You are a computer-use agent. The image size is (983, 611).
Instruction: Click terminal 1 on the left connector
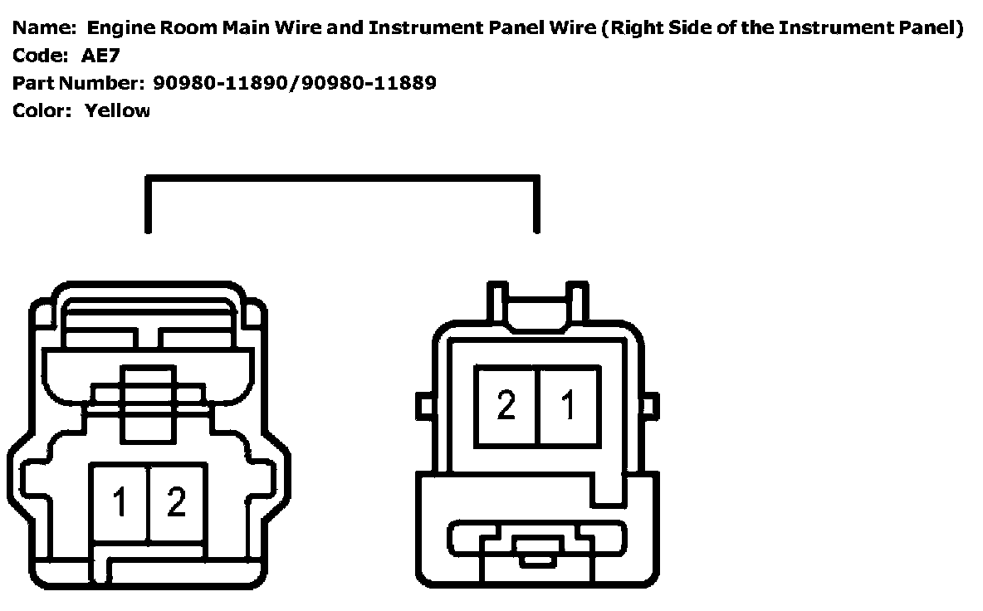coord(120,502)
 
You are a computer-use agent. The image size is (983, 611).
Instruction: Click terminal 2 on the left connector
coord(176,502)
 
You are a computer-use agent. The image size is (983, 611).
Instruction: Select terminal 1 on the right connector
coord(569,406)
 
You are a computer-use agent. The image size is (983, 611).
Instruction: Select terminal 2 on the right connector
coord(506,406)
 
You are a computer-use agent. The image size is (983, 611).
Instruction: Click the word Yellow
coord(117,110)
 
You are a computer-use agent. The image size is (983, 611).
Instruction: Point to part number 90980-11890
coord(219,83)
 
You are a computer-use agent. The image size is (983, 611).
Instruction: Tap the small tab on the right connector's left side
coord(425,406)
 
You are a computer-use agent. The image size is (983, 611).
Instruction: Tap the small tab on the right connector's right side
coord(652,406)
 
